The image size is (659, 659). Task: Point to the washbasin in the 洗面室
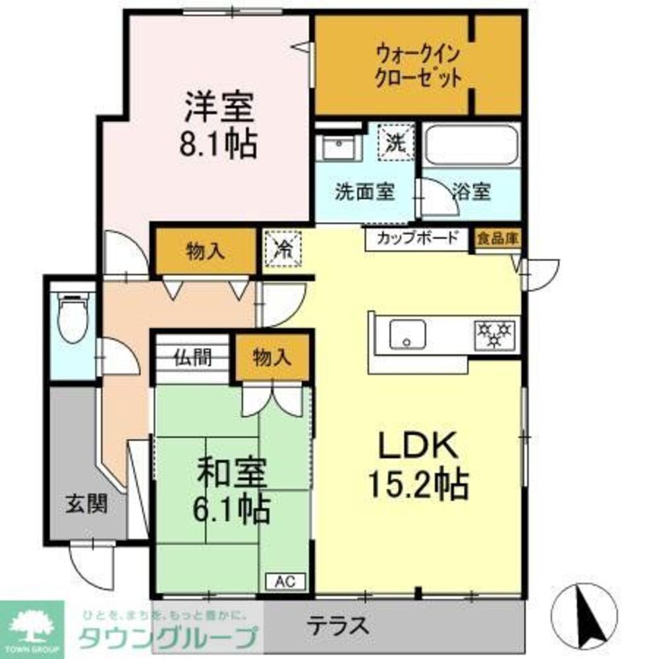338,148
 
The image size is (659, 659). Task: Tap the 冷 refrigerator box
283,249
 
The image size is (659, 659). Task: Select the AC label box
285,581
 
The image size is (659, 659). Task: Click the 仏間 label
192,359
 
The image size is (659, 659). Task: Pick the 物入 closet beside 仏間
272,358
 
